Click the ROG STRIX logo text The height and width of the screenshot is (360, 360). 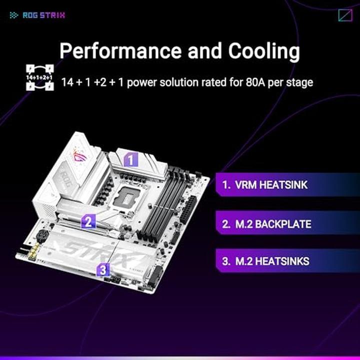[x=44, y=15]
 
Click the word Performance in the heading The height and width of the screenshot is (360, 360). [x=121, y=51]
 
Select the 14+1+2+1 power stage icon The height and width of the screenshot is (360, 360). [x=40, y=77]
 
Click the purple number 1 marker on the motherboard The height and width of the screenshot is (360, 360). [x=131, y=159]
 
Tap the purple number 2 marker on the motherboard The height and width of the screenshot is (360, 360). [x=88, y=221]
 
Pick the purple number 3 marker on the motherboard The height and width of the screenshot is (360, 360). [x=103, y=269]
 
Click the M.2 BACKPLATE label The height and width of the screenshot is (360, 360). [x=266, y=224]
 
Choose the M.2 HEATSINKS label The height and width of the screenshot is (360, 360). [x=265, y=261]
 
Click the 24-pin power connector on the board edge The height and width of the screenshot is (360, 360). [x=188, y=209]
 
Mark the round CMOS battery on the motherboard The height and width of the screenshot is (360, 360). [x=42, y=235]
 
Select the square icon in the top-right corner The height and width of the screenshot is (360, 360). [x=345, y=15]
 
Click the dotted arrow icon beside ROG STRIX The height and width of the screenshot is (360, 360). [x=14, y=15]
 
